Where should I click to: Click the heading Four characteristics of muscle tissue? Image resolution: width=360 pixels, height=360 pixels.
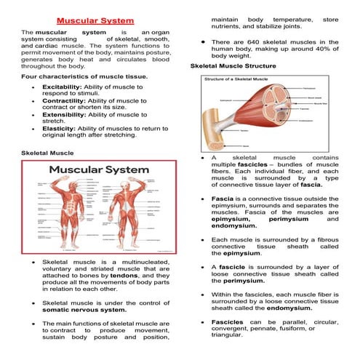tap(84, 76)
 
